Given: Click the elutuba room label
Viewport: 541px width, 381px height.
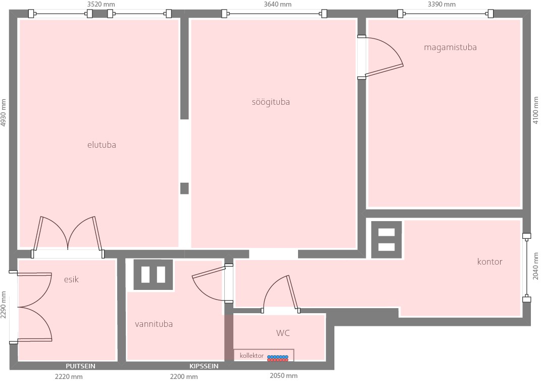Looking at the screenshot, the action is (x=102, y=145).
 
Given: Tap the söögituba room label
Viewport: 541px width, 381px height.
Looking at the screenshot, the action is (x=271, y=102).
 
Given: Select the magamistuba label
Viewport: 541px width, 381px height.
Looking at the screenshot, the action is (x=450, y=48).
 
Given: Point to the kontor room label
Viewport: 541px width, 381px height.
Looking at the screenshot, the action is (x=489, y=262).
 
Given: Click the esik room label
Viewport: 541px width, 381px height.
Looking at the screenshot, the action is (x=71, y=279).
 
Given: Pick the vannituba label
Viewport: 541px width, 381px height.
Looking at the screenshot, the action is (x=154, y=324).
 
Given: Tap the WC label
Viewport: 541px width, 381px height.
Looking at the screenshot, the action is (x=283, y=333).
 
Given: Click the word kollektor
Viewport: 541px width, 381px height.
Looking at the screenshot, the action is (x=252, y=355).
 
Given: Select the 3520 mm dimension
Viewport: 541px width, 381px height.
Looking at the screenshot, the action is (x=101, y=4).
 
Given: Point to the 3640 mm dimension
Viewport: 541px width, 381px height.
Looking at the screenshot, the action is (x=278, y=4).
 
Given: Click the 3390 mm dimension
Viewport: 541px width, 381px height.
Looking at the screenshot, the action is (x=441, y=4).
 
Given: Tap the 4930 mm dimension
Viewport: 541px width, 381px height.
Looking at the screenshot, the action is (x=4, y=113).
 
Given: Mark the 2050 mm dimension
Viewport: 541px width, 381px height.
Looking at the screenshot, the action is (x=283, y=376).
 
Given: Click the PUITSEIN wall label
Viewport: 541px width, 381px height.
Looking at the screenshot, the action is (x=80, y=366).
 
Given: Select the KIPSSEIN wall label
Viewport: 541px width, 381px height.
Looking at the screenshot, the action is (x=204, y=366).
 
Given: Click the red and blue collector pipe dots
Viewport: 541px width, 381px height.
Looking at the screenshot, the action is (x=278, y=359).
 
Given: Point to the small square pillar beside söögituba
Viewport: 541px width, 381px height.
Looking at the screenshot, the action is (x=184, y=188).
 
